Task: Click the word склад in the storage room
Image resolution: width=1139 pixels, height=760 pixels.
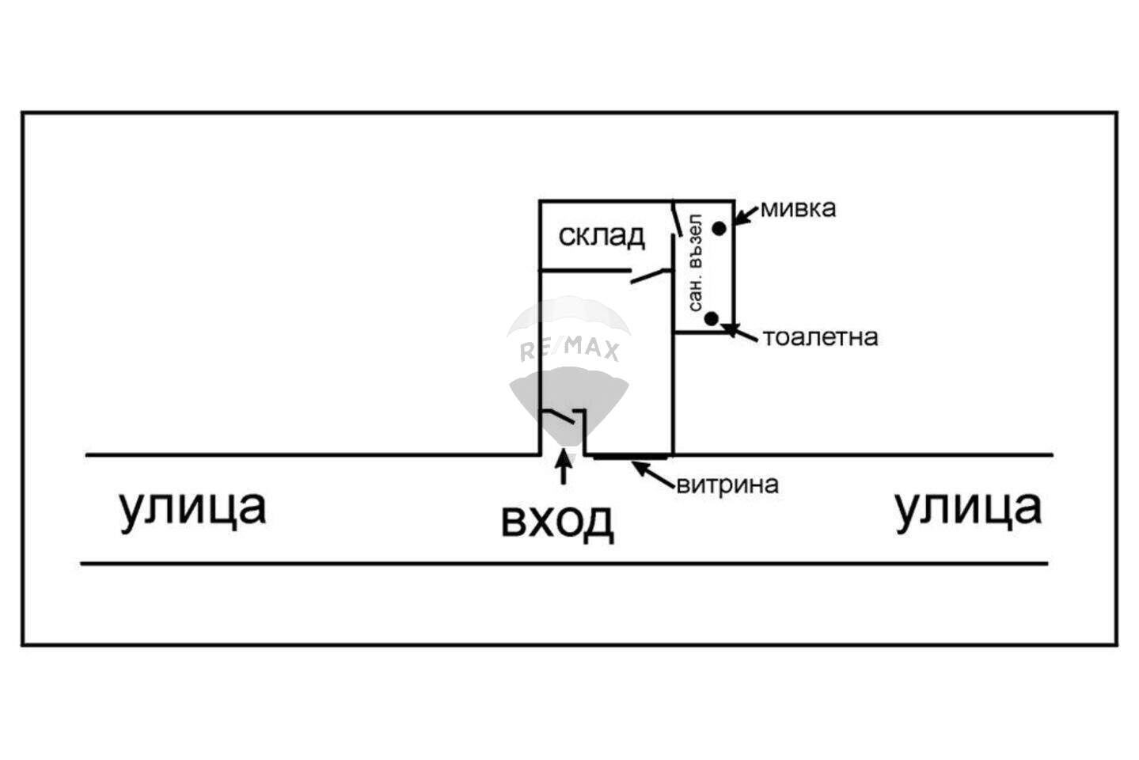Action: (x=602, y=236)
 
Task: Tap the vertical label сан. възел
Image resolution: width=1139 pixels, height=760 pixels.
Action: (x=695, y=263)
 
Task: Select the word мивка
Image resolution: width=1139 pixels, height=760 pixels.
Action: (x=798, y=209)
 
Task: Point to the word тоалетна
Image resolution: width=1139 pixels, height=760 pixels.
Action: (x=821, y=337)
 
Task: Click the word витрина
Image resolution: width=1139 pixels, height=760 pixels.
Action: (x=727, y=484)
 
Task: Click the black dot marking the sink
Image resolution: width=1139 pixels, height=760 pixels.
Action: (x=719, y=229)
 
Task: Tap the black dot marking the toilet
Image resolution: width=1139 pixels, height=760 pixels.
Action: (x=712, y=319)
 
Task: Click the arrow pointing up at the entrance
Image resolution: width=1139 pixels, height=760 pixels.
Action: (x=563, y=467)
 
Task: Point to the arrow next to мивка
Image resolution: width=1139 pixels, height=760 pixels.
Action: (x=746, y=215)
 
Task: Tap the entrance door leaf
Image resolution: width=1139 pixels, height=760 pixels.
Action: (x=558, y=416)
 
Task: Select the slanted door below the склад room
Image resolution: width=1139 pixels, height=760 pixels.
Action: (x=651, y=275)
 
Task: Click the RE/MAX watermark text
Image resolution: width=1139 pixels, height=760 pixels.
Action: (x=569, y=349)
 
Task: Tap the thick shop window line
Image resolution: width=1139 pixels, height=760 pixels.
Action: (x=630, y=458)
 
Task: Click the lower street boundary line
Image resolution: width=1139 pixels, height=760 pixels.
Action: (x=564, y=564)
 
